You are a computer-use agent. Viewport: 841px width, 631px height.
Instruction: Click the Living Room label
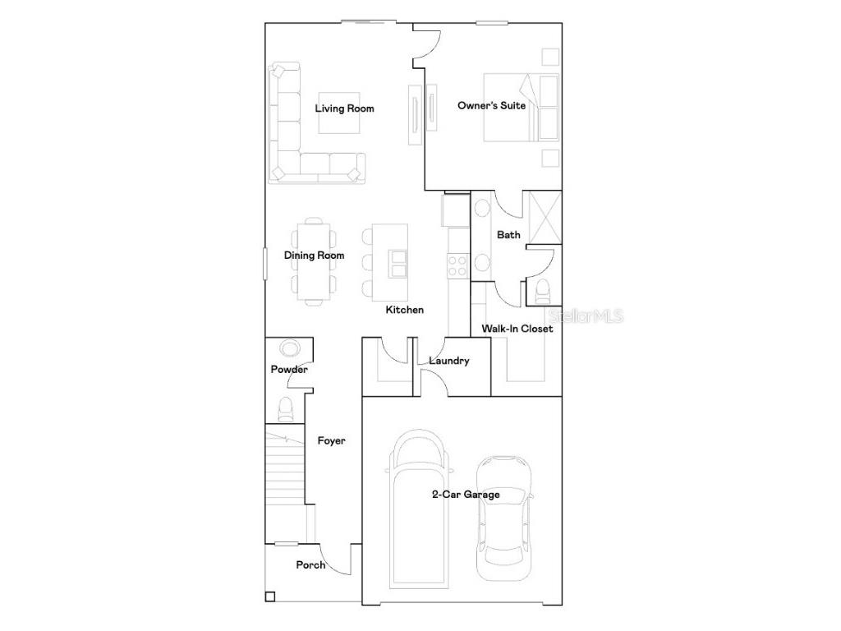(x=345, y=108)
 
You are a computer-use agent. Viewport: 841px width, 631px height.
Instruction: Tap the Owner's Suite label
(x=491, y=105)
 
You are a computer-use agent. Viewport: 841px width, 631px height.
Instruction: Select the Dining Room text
(x=315, y=256)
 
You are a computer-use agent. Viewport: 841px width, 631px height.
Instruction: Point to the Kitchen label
(x=405, y=310)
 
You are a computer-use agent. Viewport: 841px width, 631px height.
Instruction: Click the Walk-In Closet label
(x=517, y=329)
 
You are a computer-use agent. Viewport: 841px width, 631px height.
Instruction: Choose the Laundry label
(x=448, y=361)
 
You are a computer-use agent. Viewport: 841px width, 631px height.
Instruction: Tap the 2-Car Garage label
(x=466, y=495)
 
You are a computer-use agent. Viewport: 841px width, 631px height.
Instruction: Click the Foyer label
(x=331, y=441)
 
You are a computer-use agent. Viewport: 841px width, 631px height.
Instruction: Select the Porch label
(x=310, y=565)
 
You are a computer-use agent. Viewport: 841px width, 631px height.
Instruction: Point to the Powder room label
(x=289, y=370)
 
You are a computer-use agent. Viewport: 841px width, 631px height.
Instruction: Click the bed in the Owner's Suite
(x=521, y=108)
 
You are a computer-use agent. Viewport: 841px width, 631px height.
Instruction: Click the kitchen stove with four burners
(x=457, y=265)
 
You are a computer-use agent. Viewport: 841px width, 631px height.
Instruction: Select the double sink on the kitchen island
(x=399, y=264)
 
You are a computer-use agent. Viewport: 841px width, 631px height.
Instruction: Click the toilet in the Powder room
(x=286, y=408)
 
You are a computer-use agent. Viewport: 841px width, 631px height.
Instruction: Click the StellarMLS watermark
(x=586, y=315)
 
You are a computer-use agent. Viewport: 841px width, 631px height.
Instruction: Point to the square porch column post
(x=270, y=597)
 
